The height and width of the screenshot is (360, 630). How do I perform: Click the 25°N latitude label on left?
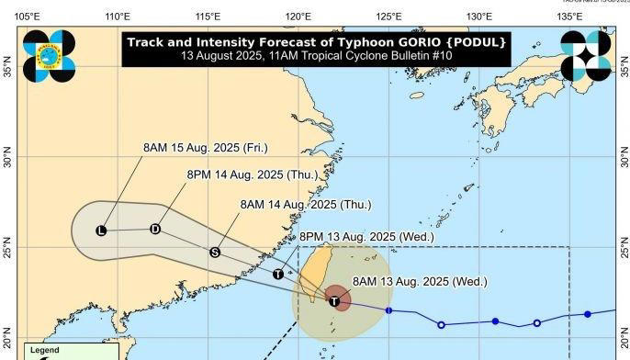tap(8, 250)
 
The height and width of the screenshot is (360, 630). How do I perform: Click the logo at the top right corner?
tap(585, 56)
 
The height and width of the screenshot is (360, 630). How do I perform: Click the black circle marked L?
tap(100, 231)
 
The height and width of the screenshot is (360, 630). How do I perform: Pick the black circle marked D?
tap(155, 229)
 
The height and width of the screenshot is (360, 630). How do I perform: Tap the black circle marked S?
tap(214, 252)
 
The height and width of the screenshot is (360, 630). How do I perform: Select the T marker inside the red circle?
tap(335, 300)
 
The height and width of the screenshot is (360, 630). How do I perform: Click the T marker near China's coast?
tap(277, 274)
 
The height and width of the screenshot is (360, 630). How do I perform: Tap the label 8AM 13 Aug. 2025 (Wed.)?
tap(419, 281)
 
